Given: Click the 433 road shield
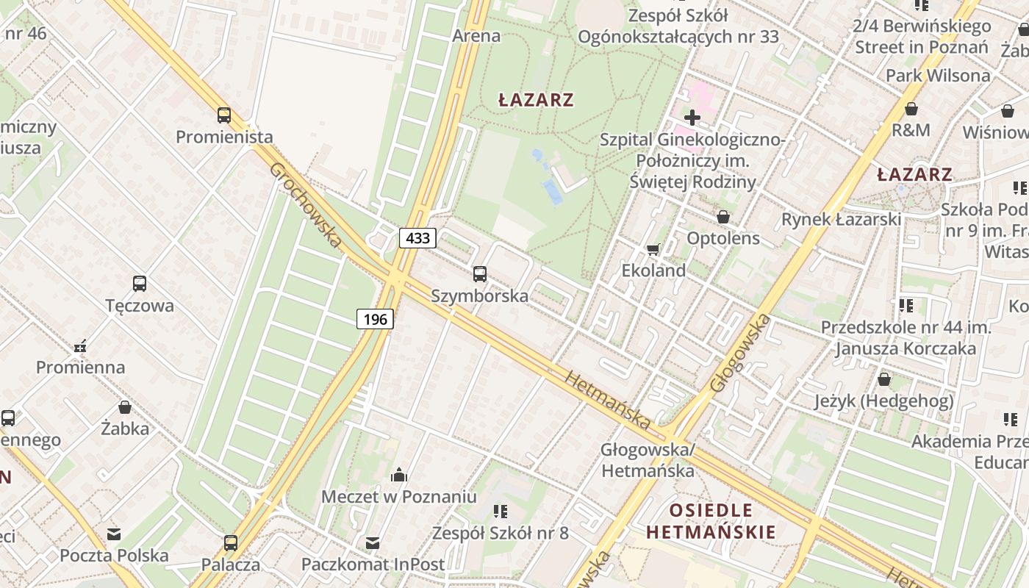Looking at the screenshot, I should [x=417, y=237].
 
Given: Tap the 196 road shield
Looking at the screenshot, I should [x=376, y=319].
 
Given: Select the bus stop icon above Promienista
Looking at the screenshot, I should [x=224, y=115].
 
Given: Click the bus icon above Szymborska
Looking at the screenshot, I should [x=480, y=274].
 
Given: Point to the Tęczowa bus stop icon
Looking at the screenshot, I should [x=139, y=284].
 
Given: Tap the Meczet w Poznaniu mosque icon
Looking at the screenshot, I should [x=399, y=475].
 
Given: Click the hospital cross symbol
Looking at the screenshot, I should [x=692, y=118].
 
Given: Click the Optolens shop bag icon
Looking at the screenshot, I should [x=723, y=217].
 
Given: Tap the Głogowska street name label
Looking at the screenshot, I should [x=741, y=353].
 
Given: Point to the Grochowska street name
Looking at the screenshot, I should [x=306, y=205].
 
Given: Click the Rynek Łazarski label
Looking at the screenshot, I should [x=841, y=219].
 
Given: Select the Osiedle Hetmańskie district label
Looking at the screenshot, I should [x=711, y=521].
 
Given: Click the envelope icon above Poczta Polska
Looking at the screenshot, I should [x=114, y=534].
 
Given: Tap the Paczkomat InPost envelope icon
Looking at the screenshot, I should [x=373, y=543].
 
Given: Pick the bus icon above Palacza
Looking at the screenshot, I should [x=231, y=543].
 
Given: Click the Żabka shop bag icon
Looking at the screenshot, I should [x=125, y=407].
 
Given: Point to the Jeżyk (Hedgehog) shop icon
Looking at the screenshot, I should [x=883, y=379].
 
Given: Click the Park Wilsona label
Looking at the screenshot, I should [x=937, y=76].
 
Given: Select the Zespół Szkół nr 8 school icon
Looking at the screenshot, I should [x=501, y=511].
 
